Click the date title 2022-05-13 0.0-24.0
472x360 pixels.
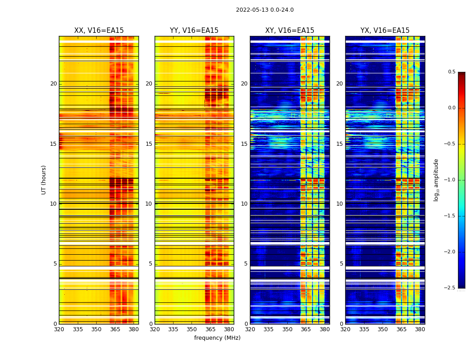coord(265,10)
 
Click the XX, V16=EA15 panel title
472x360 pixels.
coord(99,31)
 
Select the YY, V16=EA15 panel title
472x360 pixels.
coord(194,31)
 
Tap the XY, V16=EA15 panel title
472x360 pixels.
coord(289,31)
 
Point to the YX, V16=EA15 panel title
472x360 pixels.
coord(385,31)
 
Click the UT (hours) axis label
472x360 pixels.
coord(44,180)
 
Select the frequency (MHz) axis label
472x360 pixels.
coord(217,338)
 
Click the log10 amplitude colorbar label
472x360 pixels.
coord(436,180)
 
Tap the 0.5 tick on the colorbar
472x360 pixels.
coord(451,72)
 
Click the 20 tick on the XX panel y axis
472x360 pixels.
coord(53,84)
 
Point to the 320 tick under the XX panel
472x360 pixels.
coord(59,329)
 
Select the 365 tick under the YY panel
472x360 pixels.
coord(210,329)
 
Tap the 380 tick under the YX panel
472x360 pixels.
coord(420,329)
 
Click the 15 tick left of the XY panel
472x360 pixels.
coord(244,144)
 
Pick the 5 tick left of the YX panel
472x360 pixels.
coord(341,264)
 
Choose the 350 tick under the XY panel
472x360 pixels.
coord(287,329)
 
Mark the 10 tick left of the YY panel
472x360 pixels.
coord(149,204)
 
